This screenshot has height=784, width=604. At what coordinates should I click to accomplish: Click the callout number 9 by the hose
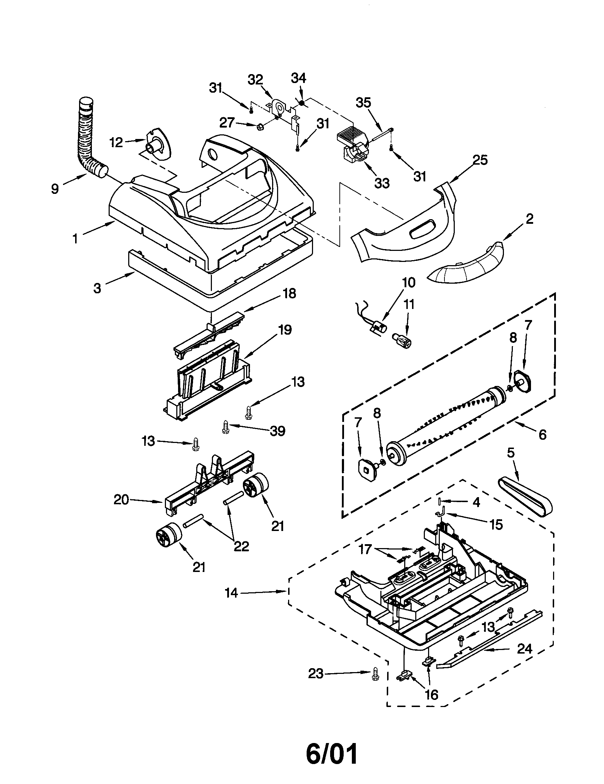pyautogui.click(x=54, y=189)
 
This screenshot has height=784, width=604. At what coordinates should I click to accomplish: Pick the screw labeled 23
pyautogui.click(x=376, y=674)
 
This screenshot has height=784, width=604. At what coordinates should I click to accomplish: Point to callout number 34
pyautogui.click(x=298, y=78)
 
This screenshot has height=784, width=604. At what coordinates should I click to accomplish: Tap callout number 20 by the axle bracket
pyautogui.click(x=121, y=500)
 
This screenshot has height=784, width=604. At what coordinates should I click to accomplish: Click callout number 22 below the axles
pyautogui.click(x=241, y=546)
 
